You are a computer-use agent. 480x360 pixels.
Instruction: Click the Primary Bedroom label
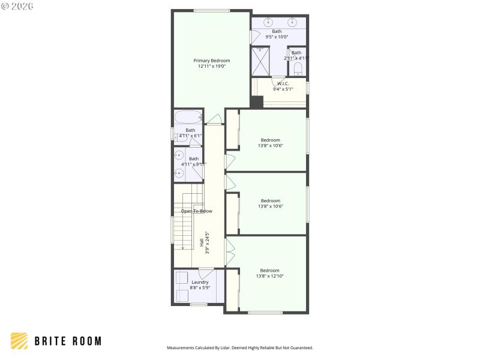211,61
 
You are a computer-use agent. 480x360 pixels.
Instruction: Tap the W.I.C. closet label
283,83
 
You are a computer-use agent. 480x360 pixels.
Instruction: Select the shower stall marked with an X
260,61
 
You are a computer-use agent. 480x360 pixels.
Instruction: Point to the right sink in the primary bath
292,22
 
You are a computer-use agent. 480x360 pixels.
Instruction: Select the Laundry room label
200,282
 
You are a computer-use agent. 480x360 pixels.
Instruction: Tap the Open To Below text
196,211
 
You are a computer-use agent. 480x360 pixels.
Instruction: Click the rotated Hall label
202,243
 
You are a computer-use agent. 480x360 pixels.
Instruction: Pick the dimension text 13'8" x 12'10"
269,276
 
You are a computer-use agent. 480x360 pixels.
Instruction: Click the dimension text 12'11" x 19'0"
211,67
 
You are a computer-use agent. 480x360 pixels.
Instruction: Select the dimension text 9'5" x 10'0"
277,37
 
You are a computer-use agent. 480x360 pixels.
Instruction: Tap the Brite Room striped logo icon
19,341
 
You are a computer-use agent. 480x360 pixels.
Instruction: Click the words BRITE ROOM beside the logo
68,341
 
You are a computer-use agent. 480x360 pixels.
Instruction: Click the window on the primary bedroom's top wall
211,10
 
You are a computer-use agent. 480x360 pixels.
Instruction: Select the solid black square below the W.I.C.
257,102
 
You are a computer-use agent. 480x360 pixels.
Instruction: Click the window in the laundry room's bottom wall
199,304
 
